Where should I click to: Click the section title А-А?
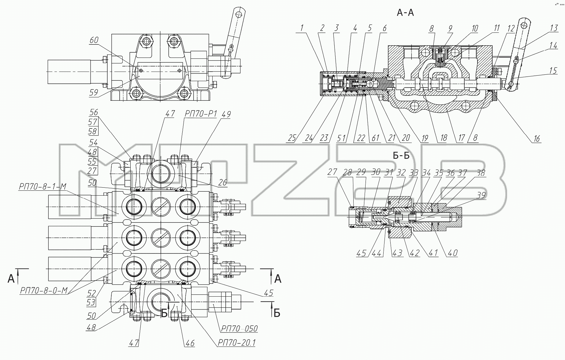tap(405, 13)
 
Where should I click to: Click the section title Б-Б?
tap(401, 156)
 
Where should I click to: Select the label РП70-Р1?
tap(200, 114)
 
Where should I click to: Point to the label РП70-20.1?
tap(236, 343)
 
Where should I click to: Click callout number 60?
tap(95, 40)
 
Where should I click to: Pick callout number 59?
tap(94, 92)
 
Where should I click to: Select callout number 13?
tap(554, 28)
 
